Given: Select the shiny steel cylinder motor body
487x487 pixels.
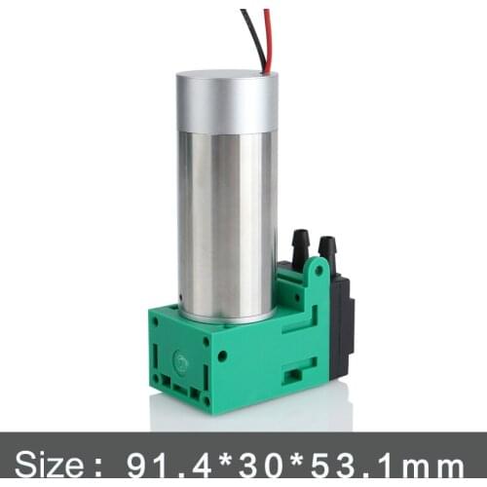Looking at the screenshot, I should click(227, 224).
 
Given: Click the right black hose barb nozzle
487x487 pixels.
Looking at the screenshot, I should click(327, 248).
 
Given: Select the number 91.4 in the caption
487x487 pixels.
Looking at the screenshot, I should click(162, 458).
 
